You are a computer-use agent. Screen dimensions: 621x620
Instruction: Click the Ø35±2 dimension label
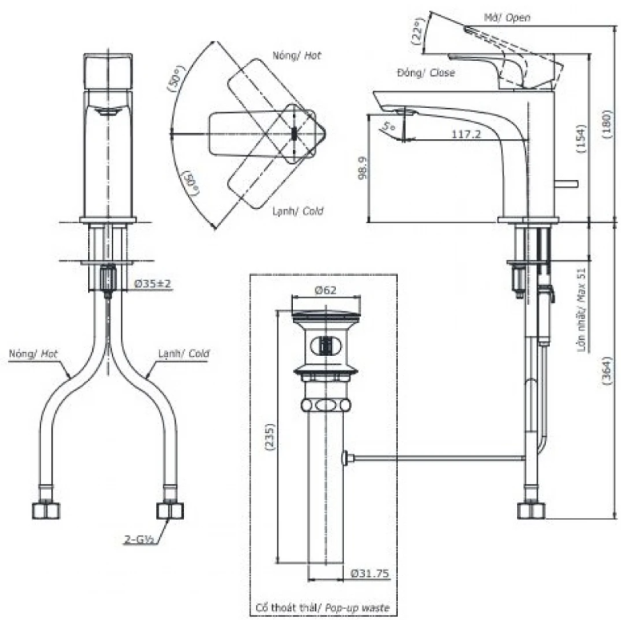pos(153,284)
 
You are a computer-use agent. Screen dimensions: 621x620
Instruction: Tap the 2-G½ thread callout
pos(139,539)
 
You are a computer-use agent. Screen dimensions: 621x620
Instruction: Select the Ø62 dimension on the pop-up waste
pos(326,290)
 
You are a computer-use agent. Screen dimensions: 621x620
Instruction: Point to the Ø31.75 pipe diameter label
pos(370,573)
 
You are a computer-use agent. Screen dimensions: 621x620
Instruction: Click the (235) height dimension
pos(270,437)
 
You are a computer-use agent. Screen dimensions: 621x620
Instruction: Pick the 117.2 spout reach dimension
pos(466,134)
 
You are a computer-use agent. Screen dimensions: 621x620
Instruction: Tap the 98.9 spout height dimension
pos(363,168)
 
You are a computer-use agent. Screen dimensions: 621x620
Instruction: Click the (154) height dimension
pos(581,138)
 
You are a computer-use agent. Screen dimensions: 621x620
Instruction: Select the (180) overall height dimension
pos(608,124)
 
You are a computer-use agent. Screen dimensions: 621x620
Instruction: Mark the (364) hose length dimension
pos(607,371)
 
